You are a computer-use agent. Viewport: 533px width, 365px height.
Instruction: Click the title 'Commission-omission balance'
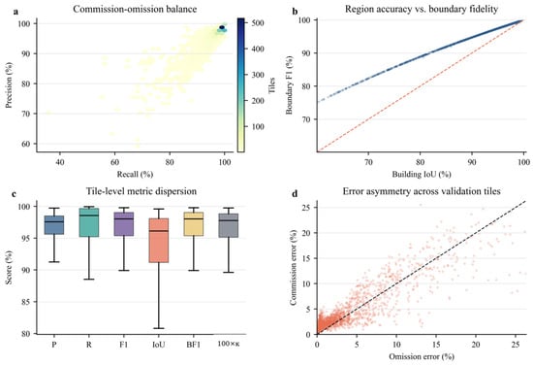135,9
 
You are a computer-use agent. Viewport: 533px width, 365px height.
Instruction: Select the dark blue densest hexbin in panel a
222,27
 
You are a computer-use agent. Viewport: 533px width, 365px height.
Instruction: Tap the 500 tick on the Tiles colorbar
258,23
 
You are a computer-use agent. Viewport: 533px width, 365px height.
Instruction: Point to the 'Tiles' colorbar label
272,85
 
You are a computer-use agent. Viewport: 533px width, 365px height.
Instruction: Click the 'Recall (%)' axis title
135,175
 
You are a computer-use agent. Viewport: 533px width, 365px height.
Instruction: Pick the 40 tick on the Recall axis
60,162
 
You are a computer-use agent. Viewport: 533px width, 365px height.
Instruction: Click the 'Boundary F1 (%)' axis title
290,84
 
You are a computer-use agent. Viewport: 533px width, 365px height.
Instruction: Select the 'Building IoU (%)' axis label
422,175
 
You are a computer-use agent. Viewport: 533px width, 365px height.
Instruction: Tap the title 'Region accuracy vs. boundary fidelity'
422,9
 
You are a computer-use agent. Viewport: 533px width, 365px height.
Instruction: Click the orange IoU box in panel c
159,241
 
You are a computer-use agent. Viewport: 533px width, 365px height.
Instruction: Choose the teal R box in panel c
89,222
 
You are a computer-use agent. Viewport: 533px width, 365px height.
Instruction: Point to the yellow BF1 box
194,223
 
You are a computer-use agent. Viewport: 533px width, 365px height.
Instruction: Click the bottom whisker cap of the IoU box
159,328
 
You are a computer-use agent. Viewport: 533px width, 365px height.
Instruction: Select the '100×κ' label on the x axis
229,345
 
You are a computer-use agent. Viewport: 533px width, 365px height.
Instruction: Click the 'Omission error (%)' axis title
422,356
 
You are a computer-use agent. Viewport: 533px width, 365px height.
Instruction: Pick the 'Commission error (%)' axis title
293,267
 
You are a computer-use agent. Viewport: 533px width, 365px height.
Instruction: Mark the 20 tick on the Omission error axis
476,345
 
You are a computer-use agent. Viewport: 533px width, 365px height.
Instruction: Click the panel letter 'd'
295,194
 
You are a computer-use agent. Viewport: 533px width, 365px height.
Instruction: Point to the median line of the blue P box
54,221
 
